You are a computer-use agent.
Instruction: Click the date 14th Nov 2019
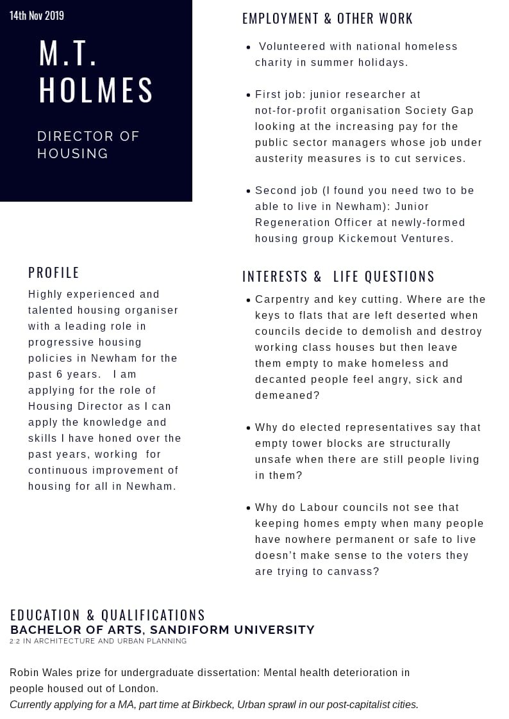37,15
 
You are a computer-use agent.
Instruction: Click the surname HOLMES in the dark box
96,90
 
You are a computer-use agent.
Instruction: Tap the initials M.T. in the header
68,54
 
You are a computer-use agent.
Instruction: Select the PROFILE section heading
54,273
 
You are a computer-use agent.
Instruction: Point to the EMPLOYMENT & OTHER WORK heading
328,19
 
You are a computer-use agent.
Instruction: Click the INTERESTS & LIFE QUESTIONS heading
338,277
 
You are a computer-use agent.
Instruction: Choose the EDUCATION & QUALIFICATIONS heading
108,615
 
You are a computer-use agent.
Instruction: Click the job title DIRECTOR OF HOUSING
88,145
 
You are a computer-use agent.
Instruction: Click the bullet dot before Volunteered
249,47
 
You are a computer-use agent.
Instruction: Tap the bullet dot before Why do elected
249,427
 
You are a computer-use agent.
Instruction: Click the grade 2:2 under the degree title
15,641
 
